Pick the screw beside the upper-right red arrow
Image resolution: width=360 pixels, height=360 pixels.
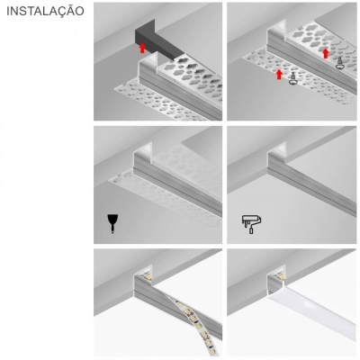click(340, 65)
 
